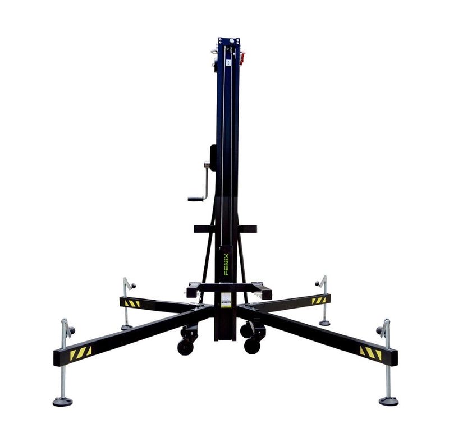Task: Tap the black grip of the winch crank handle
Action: click(x=195, y=199)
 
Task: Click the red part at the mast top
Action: click(x=242, y=57)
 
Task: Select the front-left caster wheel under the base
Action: click(x=186, y=347)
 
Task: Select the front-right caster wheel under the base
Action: click(x=252, y=346)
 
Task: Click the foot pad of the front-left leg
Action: click(x=62, y=401)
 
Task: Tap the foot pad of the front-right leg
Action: click(x=388, y=400)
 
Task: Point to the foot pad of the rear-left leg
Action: click(x=126, y=327)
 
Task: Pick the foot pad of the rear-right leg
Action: click(x=324, y=323)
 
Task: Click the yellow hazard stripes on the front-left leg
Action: click(x=81, y=353)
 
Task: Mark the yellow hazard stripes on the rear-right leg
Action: click(x=319, y=301)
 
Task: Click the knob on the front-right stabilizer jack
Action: click(x=379, y=330)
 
